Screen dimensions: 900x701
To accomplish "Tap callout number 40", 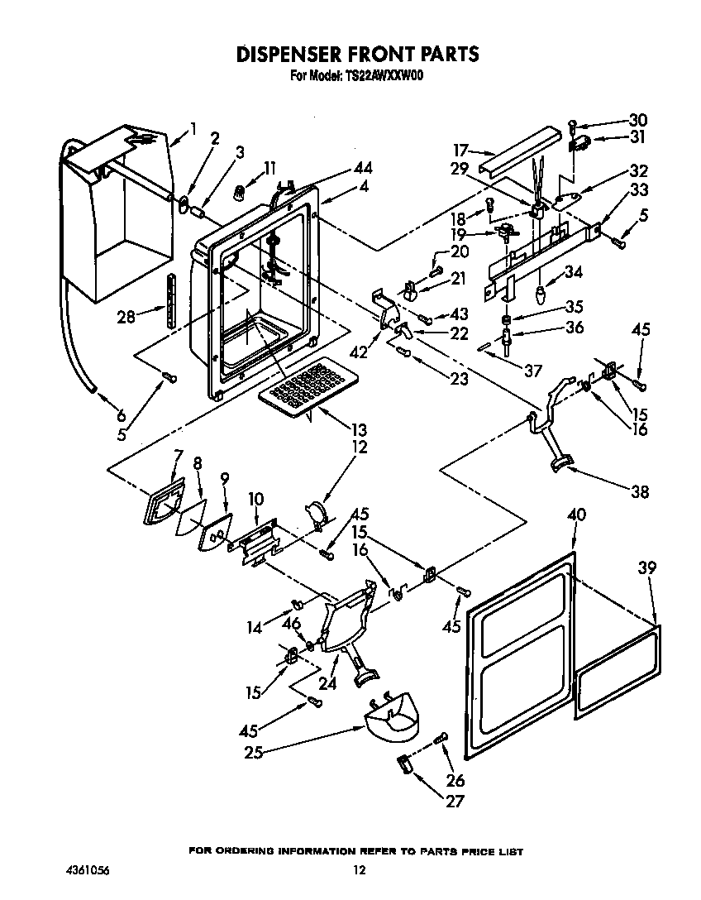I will [576, 515].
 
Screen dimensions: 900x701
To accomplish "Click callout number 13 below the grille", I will [359, 430].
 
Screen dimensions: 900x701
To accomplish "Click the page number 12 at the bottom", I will [359, 869].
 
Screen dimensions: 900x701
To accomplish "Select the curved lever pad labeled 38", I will [563, 462].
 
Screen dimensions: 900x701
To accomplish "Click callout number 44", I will [363, 168].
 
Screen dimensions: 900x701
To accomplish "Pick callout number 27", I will [455, 801].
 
